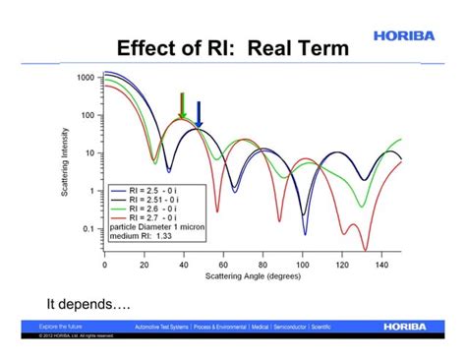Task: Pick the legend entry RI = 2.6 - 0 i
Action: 157,210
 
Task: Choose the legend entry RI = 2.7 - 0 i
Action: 157,219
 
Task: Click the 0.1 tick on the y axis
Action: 88,229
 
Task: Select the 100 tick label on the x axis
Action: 303,265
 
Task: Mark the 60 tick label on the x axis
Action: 223,265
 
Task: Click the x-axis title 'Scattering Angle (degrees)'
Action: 254,276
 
